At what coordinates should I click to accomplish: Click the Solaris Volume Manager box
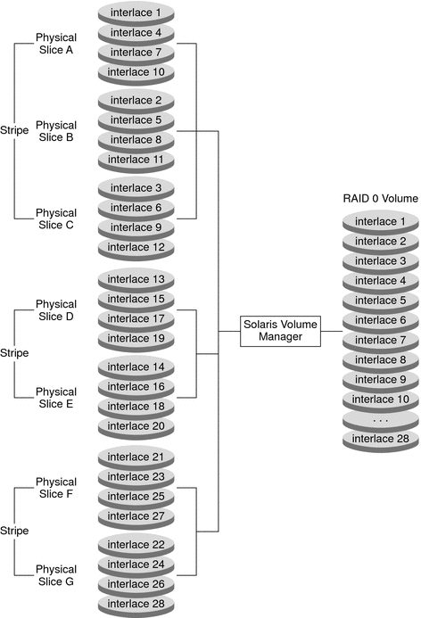click(x=280, y=332)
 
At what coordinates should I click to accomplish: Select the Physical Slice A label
click(x=56, y=44)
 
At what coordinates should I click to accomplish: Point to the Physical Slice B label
click(x=56, y=131)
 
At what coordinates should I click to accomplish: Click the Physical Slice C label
click(x=56, y=219)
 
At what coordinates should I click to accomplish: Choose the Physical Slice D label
click(x=56, y=310)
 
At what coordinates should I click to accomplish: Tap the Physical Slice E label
click(x=56, y=398)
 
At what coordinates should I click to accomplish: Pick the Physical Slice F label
click(x=56, y=488)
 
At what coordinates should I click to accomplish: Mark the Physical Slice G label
click(x=56, y=575)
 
